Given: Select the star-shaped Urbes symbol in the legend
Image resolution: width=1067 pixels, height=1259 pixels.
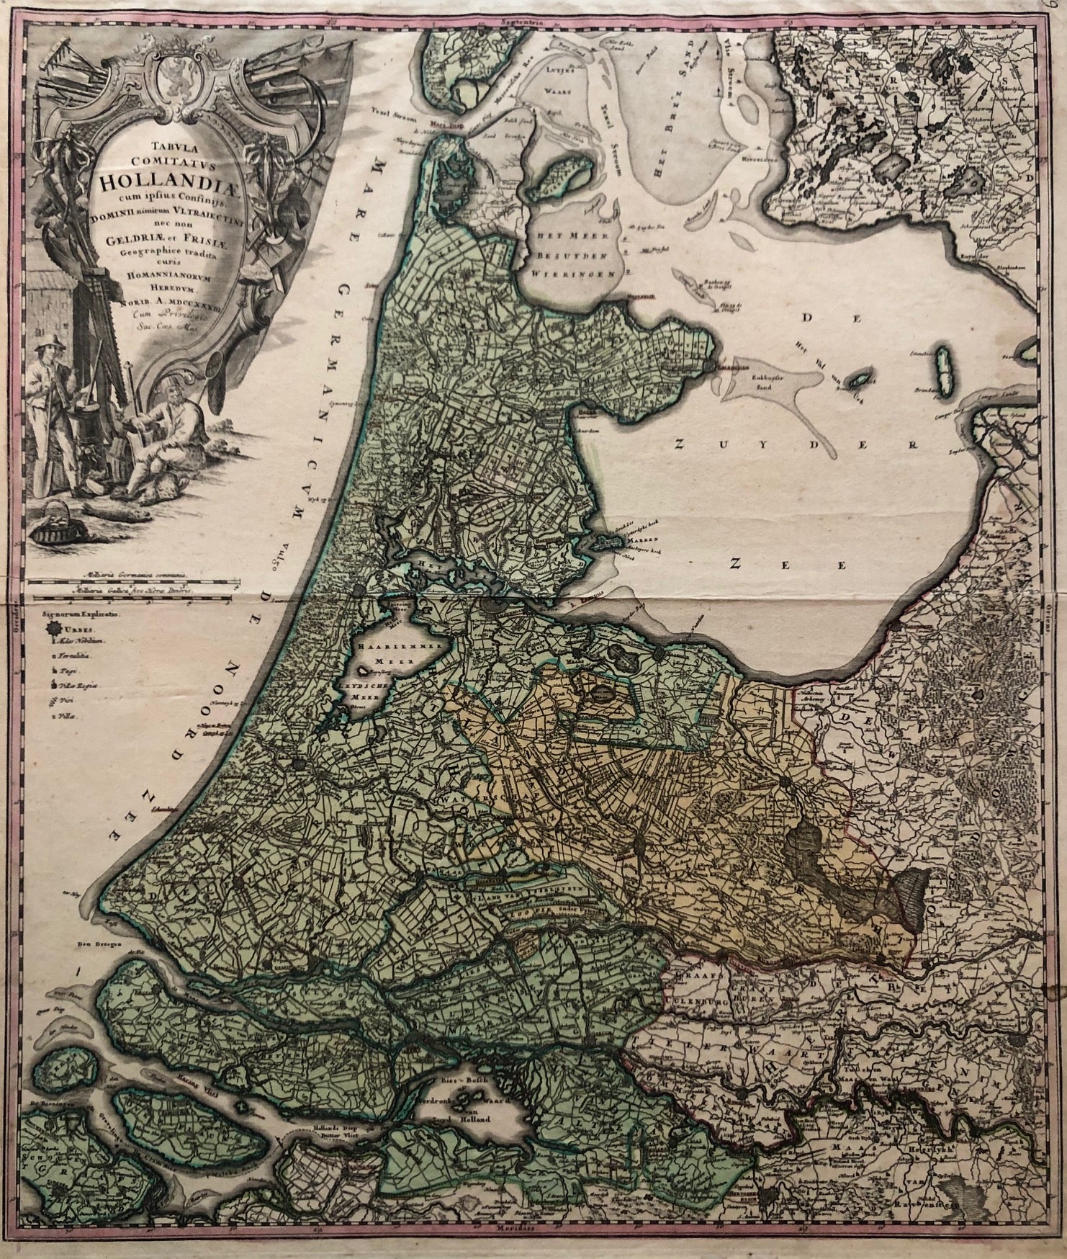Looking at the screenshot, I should (53, 628).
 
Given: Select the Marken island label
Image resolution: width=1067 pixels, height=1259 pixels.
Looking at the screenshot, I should (620, 545).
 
